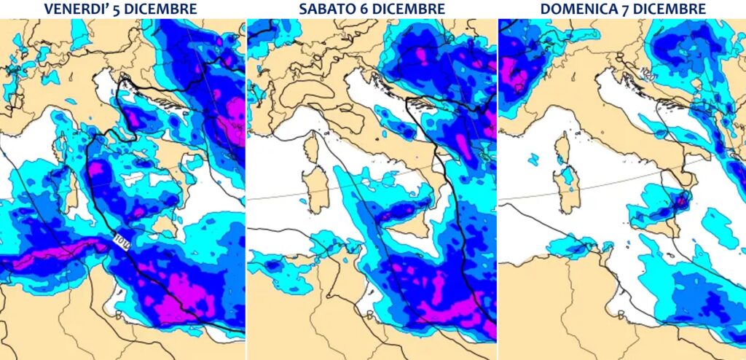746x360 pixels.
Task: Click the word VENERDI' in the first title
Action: click(77, 9)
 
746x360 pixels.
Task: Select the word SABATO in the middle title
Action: click(323, 9)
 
